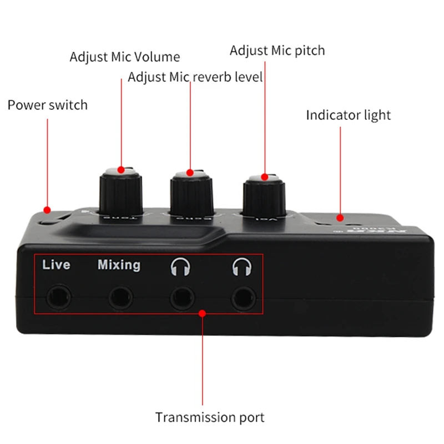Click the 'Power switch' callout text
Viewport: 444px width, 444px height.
click(48, 105)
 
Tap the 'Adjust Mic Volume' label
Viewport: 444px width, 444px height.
click(125, 57)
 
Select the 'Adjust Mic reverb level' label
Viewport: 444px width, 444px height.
click(195, 77)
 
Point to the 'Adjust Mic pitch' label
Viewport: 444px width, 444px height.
click(277, 51)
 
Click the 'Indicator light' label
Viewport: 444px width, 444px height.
click(349, 115)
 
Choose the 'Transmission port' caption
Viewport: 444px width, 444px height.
click(210, 417)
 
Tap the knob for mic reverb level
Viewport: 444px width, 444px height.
click(191, 191)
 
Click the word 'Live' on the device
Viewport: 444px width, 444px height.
click(57, 265)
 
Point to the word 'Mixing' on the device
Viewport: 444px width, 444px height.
click(119, 265)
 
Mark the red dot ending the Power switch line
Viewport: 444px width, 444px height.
click(47, 210)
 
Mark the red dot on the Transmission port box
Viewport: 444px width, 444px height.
click(203, 314)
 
